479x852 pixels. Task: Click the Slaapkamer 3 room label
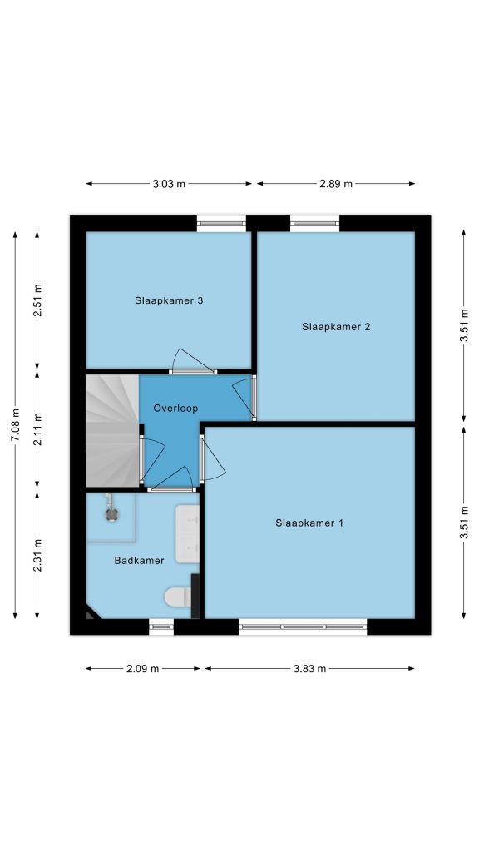[169, 300]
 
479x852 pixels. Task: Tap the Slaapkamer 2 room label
[336, 326]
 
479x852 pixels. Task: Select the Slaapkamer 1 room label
[309, 523]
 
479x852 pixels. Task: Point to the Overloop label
[175, 408]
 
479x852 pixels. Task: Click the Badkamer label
[139, 560]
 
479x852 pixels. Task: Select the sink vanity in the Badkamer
[187, 533]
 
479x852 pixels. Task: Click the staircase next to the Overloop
[112, 431]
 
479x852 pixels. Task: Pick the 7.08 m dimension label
[15, 425]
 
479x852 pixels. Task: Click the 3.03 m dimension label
[169, 184]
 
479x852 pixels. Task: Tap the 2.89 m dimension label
[336, 184]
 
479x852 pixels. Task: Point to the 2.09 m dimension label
[143, 669]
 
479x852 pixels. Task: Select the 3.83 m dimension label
[309, 669]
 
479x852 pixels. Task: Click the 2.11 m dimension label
[37, 429]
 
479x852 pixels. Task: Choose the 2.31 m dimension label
[37, 555]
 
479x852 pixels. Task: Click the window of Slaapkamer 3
[221, 223]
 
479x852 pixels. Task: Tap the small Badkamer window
[161, 627]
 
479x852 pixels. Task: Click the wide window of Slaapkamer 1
[303, 627]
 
